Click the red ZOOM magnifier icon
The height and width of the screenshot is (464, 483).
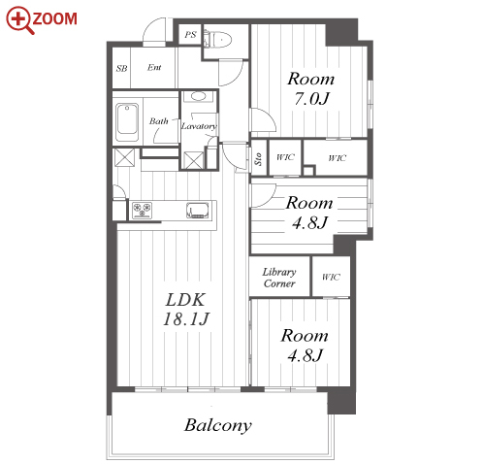[20, 20]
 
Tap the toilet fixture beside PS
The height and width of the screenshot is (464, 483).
[217, 39]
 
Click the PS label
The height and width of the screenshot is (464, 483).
[190, 34]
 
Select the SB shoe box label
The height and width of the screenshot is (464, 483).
[121, 68]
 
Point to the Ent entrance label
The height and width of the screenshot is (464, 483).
[154, 67]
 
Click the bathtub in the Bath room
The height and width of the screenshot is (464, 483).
[127, 122]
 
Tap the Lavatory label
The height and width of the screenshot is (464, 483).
[199, 126]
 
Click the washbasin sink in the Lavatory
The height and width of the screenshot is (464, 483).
[198, 96]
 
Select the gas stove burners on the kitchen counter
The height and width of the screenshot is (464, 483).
[143, 210]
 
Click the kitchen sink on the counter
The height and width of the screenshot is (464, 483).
[198, 211]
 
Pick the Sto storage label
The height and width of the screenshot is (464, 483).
[258, 159]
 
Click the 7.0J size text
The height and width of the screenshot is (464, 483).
[311, 98]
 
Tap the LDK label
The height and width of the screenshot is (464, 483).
[185, 300]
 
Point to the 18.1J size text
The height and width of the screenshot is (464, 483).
[186, 318]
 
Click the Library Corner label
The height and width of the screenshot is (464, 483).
[279, 278]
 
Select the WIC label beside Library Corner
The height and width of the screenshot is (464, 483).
[331, 277]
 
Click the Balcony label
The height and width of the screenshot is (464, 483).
[218, 425]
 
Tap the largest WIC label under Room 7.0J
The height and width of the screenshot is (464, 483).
[338, 157]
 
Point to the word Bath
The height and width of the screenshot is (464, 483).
[159, 121]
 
